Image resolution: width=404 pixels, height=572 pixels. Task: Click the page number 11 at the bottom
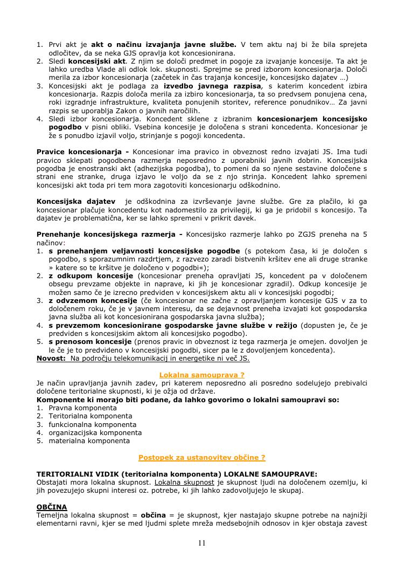coord(202,543)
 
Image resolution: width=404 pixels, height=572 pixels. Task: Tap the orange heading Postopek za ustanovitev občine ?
coord(201,457)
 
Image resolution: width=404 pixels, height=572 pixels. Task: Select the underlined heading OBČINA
coord(52,507)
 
